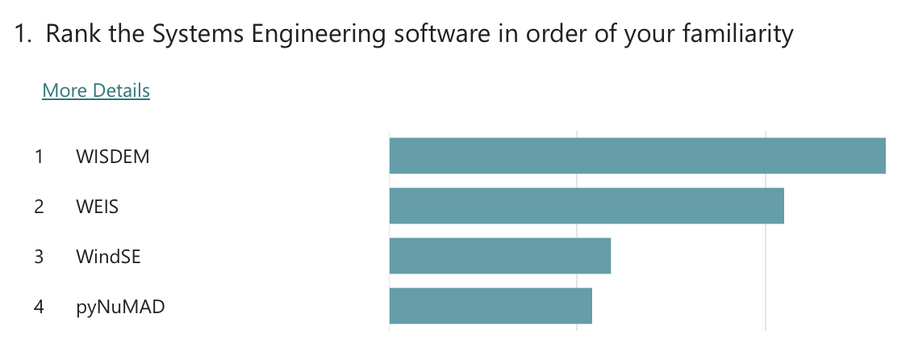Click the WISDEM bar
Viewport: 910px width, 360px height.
637,156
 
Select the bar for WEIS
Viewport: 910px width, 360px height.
586,206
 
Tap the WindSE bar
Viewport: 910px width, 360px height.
499,256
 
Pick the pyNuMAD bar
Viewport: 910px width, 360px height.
490,306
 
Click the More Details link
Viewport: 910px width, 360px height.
96,90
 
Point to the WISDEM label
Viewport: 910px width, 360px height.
113,157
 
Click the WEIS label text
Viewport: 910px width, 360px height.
98,207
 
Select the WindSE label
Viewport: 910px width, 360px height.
108,257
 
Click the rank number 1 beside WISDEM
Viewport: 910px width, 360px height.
39,157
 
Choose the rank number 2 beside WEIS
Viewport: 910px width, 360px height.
39,207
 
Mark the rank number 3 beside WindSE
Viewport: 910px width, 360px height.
39,257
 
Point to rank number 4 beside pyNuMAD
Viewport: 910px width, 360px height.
39,307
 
